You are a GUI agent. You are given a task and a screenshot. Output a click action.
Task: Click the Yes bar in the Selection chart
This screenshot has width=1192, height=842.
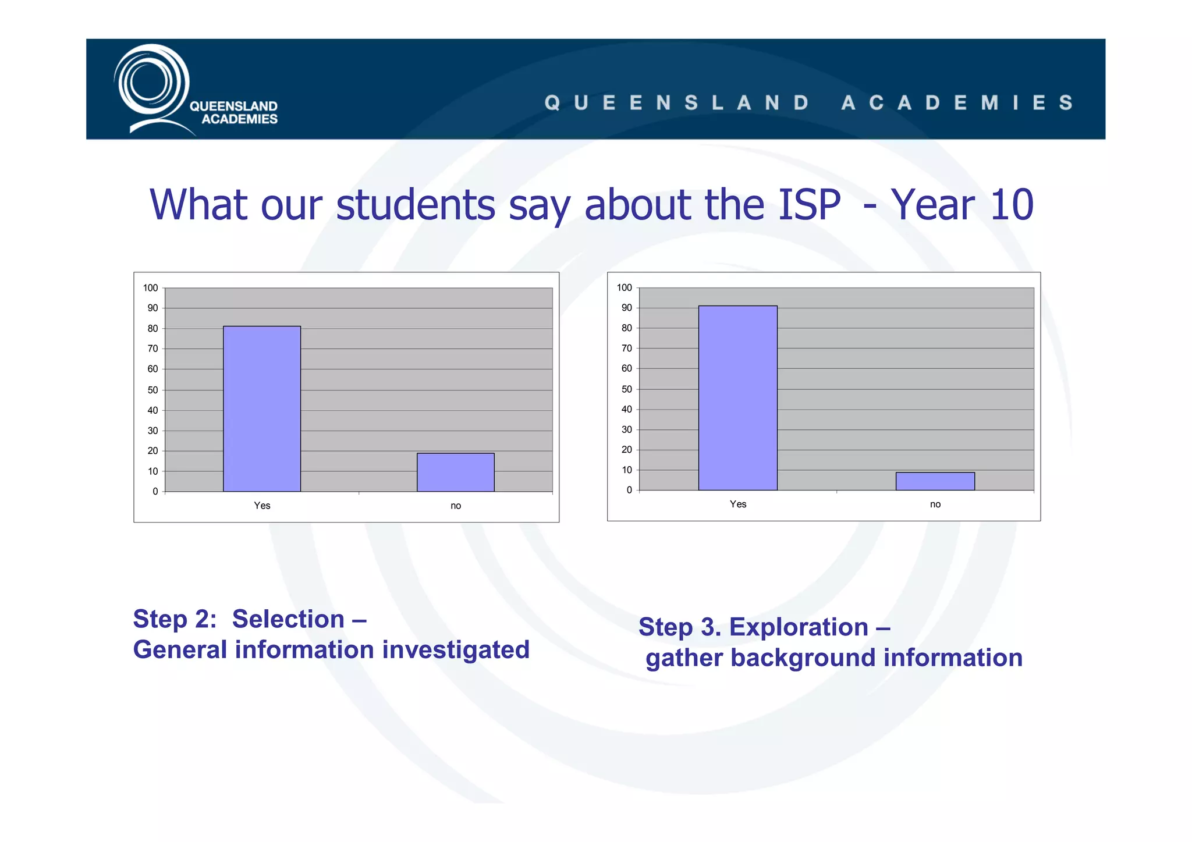[x=262, y=408]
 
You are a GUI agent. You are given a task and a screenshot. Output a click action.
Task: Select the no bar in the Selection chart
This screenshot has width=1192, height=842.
[x=456, y=472]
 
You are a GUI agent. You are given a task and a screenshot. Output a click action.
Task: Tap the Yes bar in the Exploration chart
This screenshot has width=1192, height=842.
[x=737, y=398]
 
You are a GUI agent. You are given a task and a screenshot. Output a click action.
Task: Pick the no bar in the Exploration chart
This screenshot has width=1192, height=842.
[x=935, y=481]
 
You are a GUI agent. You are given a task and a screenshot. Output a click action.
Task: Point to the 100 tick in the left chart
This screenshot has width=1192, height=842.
[x=151, y=288]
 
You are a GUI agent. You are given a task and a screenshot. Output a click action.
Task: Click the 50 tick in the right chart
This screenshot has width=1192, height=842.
[x=626, y=389]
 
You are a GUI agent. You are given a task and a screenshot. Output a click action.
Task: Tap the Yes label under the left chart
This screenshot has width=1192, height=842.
[x=262, y=506]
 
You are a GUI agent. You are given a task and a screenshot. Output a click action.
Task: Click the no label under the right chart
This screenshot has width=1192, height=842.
[x=935, y=505]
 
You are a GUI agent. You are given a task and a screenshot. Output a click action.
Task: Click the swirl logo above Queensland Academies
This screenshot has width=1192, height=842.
[x=151, y=84]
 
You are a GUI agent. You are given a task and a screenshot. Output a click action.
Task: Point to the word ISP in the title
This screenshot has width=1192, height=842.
[x=809, y=205]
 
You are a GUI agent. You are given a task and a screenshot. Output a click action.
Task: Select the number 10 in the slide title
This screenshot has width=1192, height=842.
[x=1012, y=205]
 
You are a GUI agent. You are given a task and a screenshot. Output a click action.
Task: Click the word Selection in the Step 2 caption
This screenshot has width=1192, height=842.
[x=288, y=619]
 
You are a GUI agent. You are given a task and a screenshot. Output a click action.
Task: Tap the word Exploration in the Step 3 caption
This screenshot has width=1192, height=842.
[x=799, y=627]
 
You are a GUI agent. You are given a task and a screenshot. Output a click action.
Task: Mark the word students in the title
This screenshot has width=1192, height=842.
[x=416, y=205]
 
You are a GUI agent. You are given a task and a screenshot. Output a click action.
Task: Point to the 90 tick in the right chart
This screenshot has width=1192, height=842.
[x=626, y=308]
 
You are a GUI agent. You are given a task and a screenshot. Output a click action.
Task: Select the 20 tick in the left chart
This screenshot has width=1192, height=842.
[x=152, y=451]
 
